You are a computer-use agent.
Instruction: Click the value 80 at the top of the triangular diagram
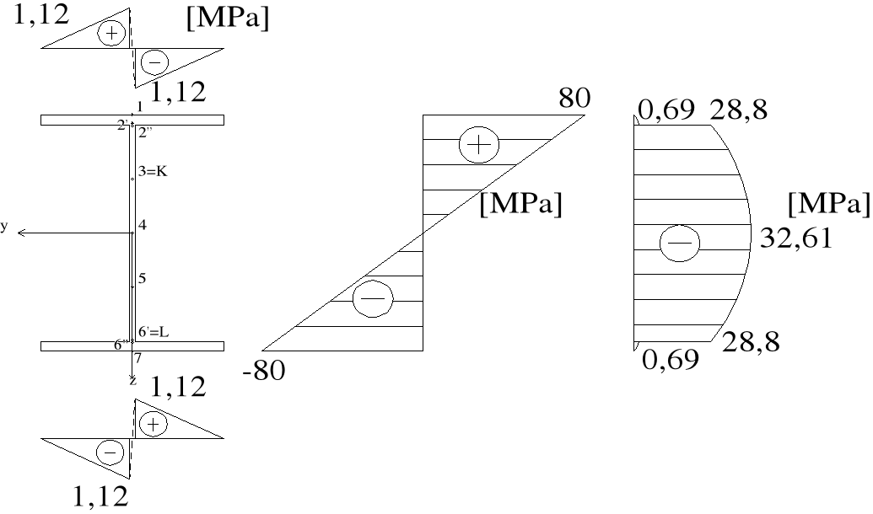tap(576, 98)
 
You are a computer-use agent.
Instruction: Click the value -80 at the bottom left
tap(263, 370)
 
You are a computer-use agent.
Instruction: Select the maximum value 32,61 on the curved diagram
tap(797, 238)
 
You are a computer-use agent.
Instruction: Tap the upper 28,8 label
tap(739, 110)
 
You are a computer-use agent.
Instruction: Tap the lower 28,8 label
tap(751, 342)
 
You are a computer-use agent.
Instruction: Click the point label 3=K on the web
tap(155, 171)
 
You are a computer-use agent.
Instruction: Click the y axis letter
tap(4, 226)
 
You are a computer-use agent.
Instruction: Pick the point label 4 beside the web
tap(142, 226)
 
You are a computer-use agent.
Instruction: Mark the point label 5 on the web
tap(142, 277)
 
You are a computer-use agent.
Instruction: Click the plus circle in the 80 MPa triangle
tap(477, 145)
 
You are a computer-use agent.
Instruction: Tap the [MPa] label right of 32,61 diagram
tap(827, 204)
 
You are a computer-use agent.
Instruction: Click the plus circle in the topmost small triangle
tap(110, 33)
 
